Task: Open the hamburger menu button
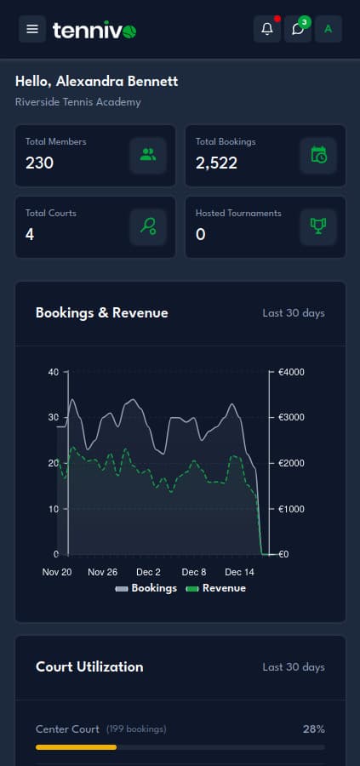pyautogui.click(x=32, y=29)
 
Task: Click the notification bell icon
pyautogui.click(x=267, y=29)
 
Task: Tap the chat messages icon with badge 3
pyautogui.click(x=298, y=29)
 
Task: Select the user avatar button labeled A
pyautogui.click(x=328, y=29)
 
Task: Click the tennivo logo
pyautogui.click(x=94, y=31)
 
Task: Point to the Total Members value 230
pyautogui.click(x=39, y=163)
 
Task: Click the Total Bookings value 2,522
pyautogui.click(x=216, y=163)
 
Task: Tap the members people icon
pyautogui.click(x=148, y=155)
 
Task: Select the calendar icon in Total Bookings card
pyautogui.click(x=318, y=155)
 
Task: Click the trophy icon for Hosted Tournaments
pyautogui.click(x=318, y=226)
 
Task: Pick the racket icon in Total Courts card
pyautogui.click(x=148, y=226)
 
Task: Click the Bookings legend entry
pyautogui.click(x=146, y=588)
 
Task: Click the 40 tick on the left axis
pyautogui.click(x=54, y=372)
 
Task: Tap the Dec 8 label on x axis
pyautogui.click(x=194, y=572)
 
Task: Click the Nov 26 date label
pyautogui.click(x=103, y=572)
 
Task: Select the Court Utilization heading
pyautogui.click(x=89, y=666)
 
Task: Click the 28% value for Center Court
pyautogui.click(x=313, y=729)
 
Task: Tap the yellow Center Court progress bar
pyautogui.click(x=76, y=747)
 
